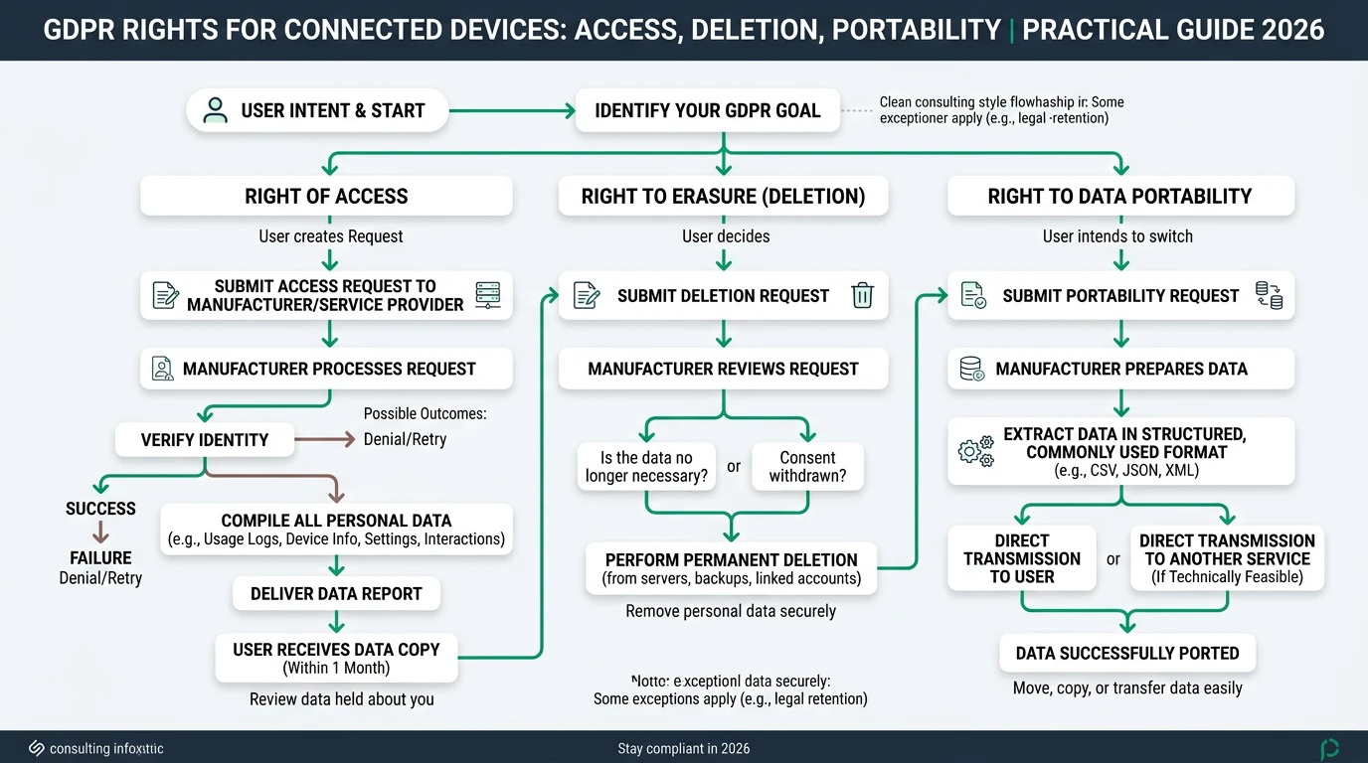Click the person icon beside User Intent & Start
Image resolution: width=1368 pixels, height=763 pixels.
tap(215, 110)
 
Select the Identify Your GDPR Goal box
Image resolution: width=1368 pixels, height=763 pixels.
tap(707, 110)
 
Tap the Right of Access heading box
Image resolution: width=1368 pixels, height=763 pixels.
tap(326, 196)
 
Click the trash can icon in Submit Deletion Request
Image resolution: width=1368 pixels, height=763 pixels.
tap(862, 295)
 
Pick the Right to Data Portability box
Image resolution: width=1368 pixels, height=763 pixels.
tap(1119, 196)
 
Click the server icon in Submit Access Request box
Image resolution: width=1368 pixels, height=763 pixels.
tap(487, 295)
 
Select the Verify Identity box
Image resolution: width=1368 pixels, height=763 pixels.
tap(205, 439)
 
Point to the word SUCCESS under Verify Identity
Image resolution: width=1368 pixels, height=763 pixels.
tap(100, 509)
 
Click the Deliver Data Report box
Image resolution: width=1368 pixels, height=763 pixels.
tap(336, 593)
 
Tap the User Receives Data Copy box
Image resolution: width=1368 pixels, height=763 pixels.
tap(336, 658)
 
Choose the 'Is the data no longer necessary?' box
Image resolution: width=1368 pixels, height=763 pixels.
tap(646, 467)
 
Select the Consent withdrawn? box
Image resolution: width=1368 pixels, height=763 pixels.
tap(807, 467)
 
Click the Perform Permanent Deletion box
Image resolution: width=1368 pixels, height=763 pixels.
tap(731, 568)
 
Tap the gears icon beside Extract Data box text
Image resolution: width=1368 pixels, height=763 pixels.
tap(975, 451)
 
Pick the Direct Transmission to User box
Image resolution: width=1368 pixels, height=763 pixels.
tap(1021, 558)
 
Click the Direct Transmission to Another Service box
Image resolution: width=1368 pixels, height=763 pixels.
tap(1227, 558)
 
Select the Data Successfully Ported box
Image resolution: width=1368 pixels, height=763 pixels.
tap(1127, 653)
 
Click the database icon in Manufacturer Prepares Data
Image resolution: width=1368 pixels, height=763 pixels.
tap(971, 369)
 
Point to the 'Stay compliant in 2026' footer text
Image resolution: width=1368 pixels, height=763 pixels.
tap(684, 748)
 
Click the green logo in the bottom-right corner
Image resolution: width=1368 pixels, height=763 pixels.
tap(1329, 748)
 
